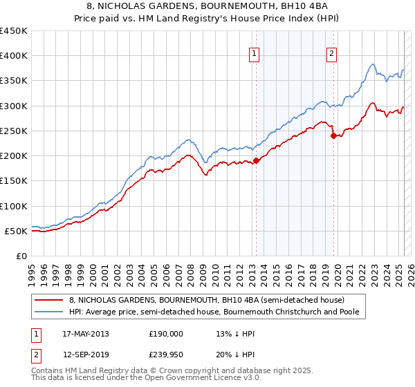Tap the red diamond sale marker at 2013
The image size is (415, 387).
256,160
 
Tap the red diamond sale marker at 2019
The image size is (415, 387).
333,135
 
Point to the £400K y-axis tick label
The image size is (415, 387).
14,56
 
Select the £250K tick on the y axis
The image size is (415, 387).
14,131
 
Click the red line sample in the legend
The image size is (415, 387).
48,300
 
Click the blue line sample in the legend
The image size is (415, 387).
48,312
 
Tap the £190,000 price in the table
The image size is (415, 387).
167,334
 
